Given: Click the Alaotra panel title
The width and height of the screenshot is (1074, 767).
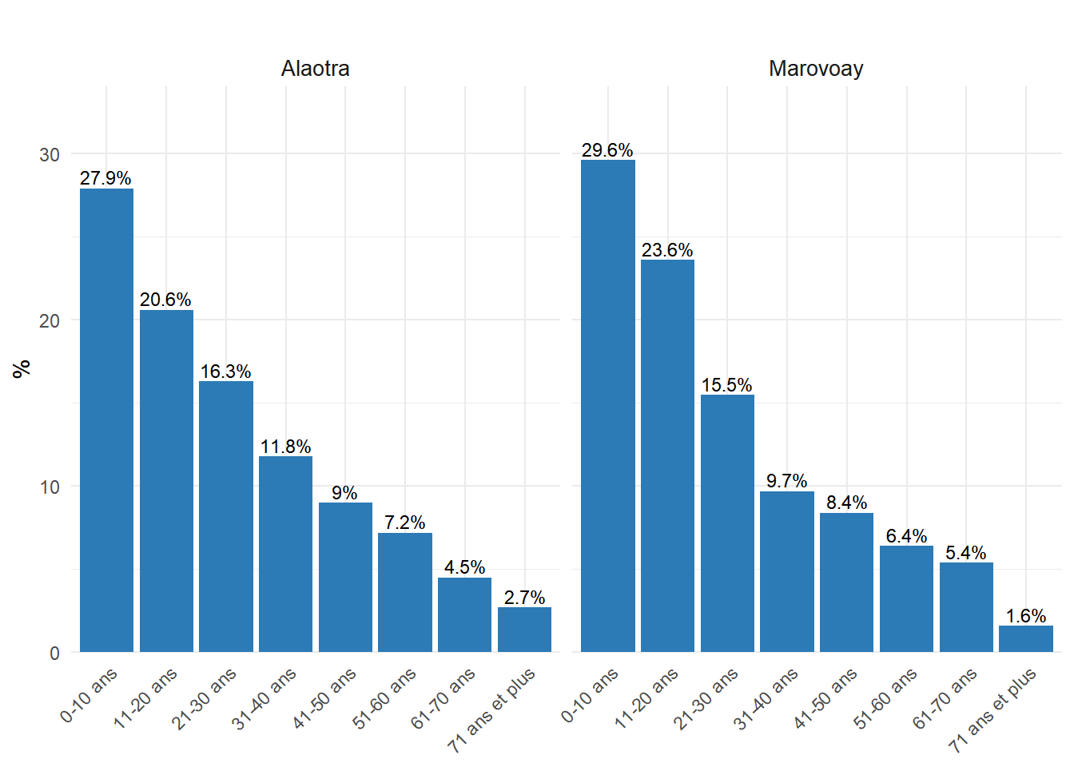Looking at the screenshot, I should tap(315, 69).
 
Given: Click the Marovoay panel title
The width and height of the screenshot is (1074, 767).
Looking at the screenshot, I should tap(816, 69).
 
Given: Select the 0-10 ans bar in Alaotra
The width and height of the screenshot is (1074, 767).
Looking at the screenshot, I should tap(106, 420).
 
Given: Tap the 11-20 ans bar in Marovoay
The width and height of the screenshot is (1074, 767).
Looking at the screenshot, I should tap(667, 455).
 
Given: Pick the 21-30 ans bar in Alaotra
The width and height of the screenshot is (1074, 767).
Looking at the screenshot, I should tap(226, 516).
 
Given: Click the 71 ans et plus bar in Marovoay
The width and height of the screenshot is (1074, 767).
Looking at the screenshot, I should tap(1026, 638).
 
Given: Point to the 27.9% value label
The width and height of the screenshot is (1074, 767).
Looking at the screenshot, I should tap(105, 178).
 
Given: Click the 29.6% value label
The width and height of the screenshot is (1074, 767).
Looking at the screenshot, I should tap(607, 150).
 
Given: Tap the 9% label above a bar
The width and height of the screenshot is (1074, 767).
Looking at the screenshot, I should tap(345, 493).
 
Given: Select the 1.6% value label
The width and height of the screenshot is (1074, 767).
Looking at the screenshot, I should tap(1026, 616).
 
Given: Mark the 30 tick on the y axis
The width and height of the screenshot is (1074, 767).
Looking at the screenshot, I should tap(50, 154).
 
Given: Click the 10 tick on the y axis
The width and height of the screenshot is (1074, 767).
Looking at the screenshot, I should tap(50, 487).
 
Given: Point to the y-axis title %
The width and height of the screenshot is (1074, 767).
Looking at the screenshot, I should tap(22, 368).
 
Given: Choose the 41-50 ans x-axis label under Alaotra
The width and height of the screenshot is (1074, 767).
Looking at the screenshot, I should tap(325, 698).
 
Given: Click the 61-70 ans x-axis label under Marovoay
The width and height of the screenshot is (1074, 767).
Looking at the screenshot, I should tap(945, 698).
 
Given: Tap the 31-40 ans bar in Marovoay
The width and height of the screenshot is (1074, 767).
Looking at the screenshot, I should tap(787, 571).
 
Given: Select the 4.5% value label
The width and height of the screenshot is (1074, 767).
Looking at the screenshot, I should tap(464, 567).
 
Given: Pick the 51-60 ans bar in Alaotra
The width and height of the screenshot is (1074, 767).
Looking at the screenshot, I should tap(405, 592).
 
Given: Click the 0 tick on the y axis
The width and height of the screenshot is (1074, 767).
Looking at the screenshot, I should tap(54, 653).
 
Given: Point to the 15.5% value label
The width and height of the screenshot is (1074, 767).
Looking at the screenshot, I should tap(727, 385).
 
